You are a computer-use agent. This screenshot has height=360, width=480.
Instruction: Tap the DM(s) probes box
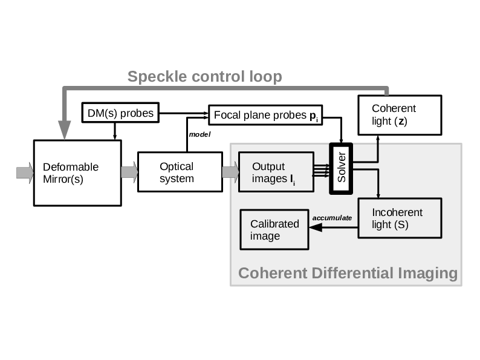click(x=120, y=113)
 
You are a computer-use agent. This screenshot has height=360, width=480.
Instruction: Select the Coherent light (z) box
click(x=400, y=115)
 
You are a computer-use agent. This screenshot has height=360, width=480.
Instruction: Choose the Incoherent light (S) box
click(x=400, y=218)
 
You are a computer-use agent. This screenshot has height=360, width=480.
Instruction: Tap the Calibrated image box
click(x=274, y=229)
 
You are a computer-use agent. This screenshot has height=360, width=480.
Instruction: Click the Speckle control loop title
click(x=204, y=77)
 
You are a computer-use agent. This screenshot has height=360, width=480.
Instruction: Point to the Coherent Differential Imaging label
click(x=348, y=273)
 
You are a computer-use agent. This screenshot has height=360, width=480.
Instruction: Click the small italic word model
click(x=199, y=134)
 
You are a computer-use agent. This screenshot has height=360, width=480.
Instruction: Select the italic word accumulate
click(x=332, y=218)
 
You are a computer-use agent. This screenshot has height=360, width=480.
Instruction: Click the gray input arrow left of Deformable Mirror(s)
click(x=25, y=172)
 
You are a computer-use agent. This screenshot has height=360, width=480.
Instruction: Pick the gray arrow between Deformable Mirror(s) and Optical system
click(x=129, y=172)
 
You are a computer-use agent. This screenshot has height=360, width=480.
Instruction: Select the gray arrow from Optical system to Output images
click(x=230, y=172)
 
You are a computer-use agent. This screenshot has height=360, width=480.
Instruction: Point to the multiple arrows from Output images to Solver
click(x=320, y=171)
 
